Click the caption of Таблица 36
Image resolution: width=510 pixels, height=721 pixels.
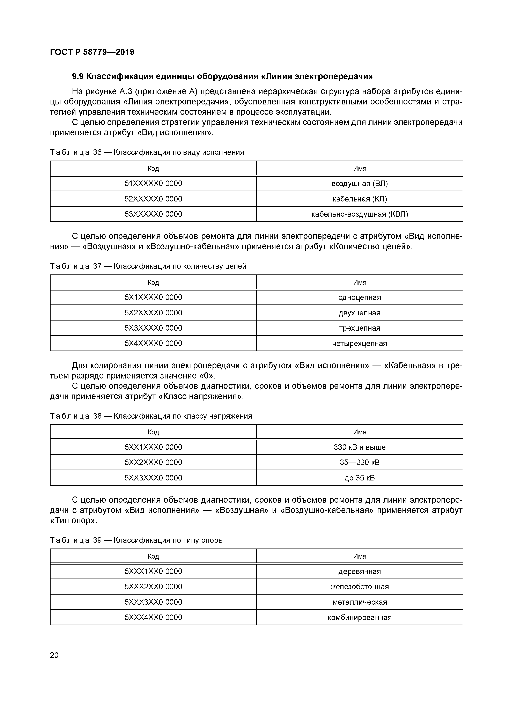point(147,152)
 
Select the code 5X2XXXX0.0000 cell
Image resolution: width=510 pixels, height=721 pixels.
point(153,313)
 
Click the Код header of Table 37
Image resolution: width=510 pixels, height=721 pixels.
point(153,282)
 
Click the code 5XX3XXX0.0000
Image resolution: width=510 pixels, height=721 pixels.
point(153,478)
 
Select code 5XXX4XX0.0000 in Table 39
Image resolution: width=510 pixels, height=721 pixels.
point(153,617)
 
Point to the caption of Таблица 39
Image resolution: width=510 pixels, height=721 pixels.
point(137,540)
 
